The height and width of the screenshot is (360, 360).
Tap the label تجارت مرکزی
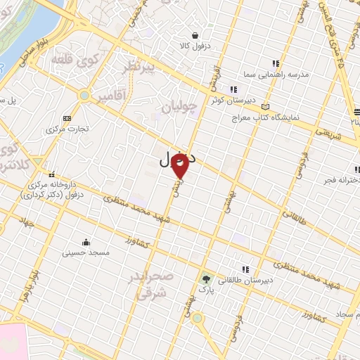(65, 129)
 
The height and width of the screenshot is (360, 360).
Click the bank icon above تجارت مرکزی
(67, 119)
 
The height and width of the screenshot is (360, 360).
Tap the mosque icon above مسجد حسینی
(86, 241)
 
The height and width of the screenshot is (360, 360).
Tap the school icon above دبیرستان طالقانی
(245, 269)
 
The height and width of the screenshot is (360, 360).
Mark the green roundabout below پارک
(198, 318)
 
